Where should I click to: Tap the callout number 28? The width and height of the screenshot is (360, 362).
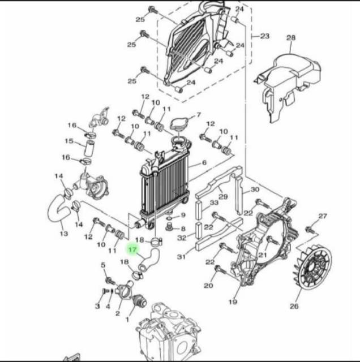(291, 38)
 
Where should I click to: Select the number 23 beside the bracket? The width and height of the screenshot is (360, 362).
(264, 36)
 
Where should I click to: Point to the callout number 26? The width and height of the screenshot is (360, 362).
(294, 307)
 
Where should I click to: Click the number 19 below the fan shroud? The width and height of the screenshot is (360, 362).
(233, 302)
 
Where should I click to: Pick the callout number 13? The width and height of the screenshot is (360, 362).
(63, 233)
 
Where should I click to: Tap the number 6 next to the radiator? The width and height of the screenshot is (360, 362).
(204, 163)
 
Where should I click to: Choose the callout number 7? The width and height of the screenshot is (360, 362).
(198, 115)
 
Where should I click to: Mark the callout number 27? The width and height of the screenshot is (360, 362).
(323, 216)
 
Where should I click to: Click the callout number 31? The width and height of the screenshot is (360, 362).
(181, 257)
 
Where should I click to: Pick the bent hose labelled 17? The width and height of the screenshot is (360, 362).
(149, 261)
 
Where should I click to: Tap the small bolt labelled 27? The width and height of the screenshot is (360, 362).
(310, 230)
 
